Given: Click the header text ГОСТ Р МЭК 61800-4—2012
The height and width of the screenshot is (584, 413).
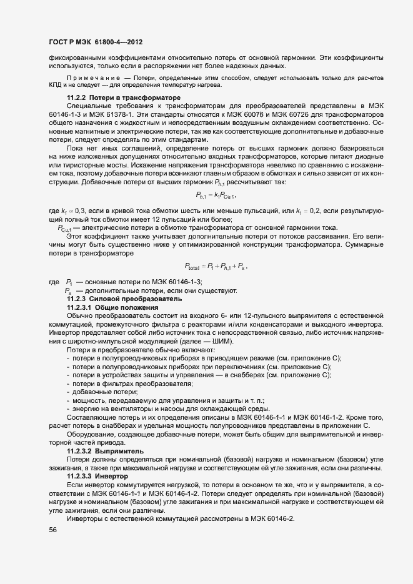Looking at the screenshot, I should coord(93,42).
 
